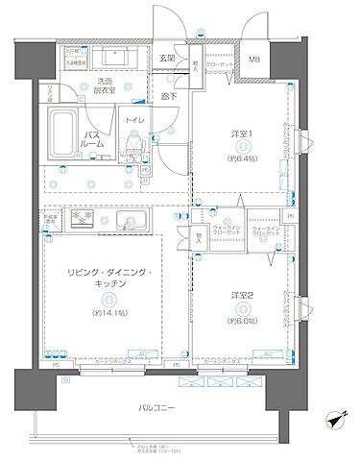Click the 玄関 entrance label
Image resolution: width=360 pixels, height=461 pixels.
pos(167,58)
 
